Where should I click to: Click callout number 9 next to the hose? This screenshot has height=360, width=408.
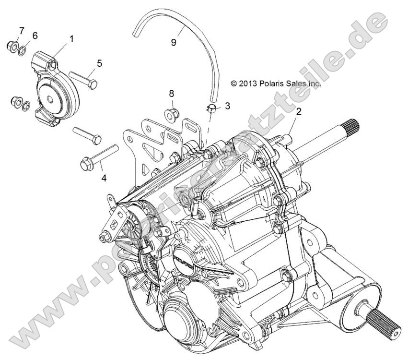[x=174, y=42]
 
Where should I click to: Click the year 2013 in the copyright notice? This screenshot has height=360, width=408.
[x=250, y=83]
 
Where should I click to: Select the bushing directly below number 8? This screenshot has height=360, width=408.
[x=171, y=114]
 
